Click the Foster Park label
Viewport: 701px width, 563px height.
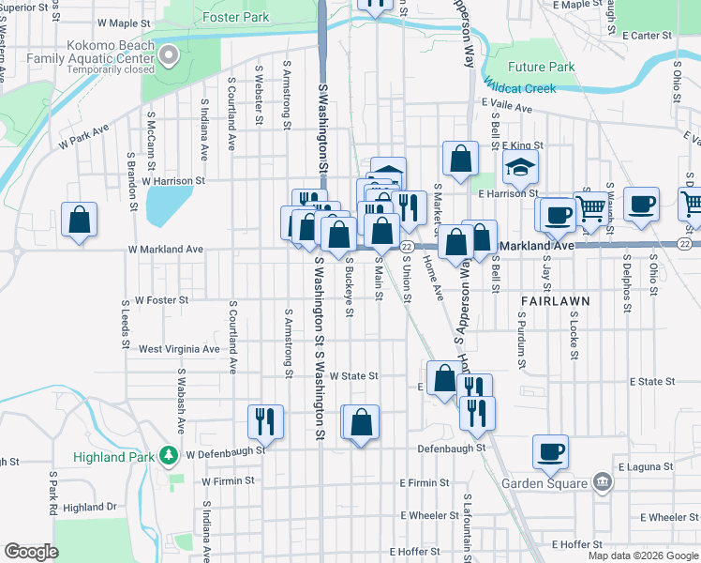pyautogui.click(x=237, y=17)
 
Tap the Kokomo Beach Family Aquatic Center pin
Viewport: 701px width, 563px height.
pyautogui.click(x=169, y=55)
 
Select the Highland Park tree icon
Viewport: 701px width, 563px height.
pyautogui.click(x=169, y=456)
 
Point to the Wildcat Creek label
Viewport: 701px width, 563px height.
pyautogui.click(x=520, y=88)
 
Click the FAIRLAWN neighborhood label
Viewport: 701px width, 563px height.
pyautogui.click(x=555, y=301)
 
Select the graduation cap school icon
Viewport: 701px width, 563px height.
pyautogui.click(x=519, y=169)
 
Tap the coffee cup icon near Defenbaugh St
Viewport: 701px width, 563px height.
pyautogui.click(x=551, y=451)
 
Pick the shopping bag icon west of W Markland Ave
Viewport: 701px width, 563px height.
pyautogui.click(x=80, y=220)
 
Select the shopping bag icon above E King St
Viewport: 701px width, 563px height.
pyautogui.click(x=460, y=159)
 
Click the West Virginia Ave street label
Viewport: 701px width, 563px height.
pyautogui.click(x=178, y=348)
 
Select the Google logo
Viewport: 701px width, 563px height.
pyautogui.click(x=31, y=552)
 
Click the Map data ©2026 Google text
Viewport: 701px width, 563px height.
pyautogui.click(x=642, y=555)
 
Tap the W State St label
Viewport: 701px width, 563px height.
pyautogui.click(x=352, y=375)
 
